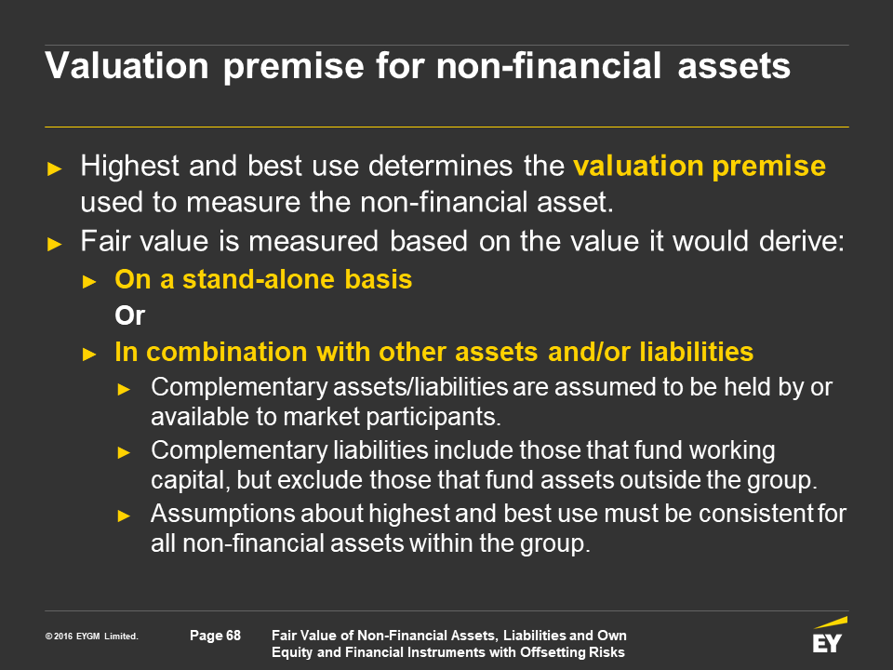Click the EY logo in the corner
point(830,635)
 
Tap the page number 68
point(233,636)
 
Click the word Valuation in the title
point(127,65)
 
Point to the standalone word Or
point(130,315)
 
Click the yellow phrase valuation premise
point(700,167)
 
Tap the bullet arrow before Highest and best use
point(54,168)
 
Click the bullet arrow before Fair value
point(54,245)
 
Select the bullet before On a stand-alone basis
point(89,281)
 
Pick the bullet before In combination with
point(89,355)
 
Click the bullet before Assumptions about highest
point(124,516)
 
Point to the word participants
point(433,417)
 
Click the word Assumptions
point(222,514)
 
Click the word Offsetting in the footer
point(548,652)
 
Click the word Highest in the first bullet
point(130,167)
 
